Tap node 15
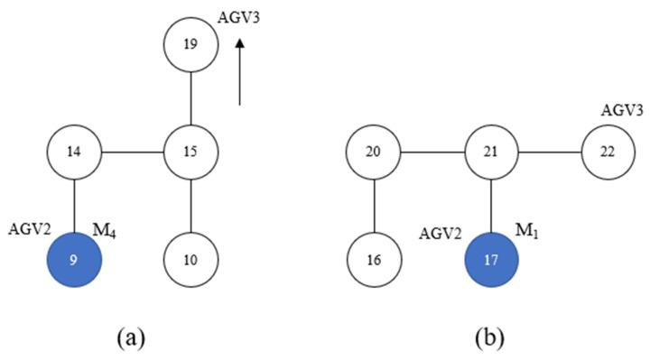click(x=191, y=151)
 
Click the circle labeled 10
click(x=191, y=259)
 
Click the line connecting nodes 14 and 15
click(x=133, y=151)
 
